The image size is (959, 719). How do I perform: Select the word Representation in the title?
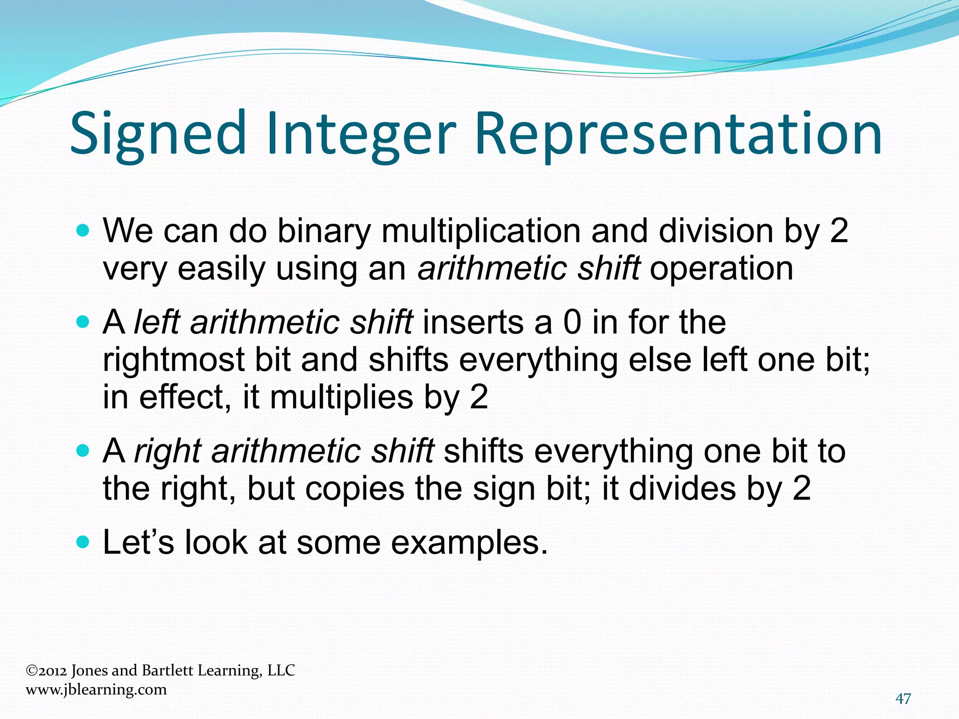pyautogui.click(x=678, y=133)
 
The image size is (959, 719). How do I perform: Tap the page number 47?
pyautogui.click(x=903, y=699)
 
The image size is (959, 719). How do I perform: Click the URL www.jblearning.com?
pyautogui.click(x=96, y=690)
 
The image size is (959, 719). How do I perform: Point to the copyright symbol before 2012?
pyautogui.click(x=31, y=671)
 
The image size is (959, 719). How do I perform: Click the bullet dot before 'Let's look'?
pyautogui.click(x=82, y=542)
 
